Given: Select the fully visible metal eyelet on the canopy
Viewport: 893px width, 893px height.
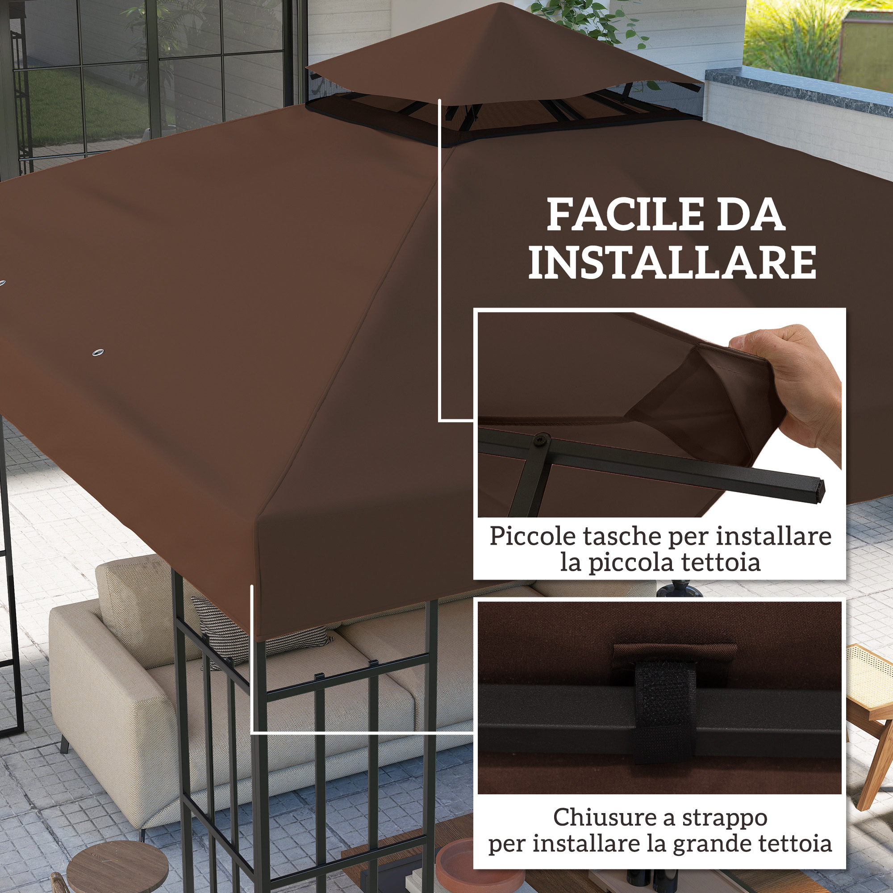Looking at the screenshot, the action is [x=98, y=353].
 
